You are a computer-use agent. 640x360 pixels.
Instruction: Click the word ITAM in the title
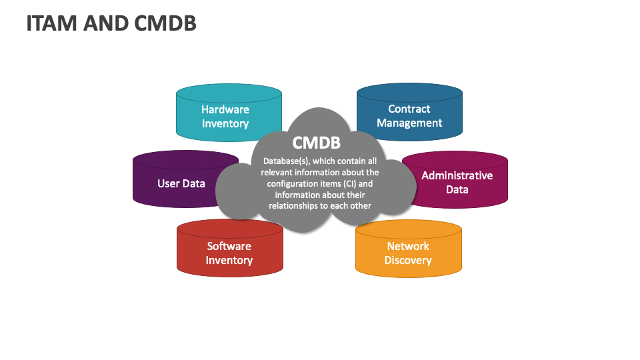tap(51, 23)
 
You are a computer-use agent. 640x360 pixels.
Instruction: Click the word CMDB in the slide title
tap(165, 23)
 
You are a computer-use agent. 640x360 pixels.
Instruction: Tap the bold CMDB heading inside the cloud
tap(316, 143)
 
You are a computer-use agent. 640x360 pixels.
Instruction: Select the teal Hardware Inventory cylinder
tap(229, 113)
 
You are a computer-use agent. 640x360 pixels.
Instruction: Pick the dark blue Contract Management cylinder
tap(409, 112)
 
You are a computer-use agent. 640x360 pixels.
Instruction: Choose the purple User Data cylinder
tap(179, 179)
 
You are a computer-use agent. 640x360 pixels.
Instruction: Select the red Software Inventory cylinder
tap(230, 248)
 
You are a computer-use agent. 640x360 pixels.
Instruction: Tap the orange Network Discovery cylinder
tap(409, 249)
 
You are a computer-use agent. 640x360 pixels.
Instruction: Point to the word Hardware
tap(225, 109)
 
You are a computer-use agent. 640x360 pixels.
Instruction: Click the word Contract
tap(409, 109)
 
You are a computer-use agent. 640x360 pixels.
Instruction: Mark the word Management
tap(409, 123)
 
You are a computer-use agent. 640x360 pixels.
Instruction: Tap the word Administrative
tap(457, 175)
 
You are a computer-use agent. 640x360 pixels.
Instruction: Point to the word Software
tap(229, 246)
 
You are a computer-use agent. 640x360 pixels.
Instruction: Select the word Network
tap(408, 246)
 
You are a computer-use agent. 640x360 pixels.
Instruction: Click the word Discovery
tap(408, 261)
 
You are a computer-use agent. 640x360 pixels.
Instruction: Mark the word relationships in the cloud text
tap(293, 206)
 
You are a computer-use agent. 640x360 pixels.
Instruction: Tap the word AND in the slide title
tap(105, 23)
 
